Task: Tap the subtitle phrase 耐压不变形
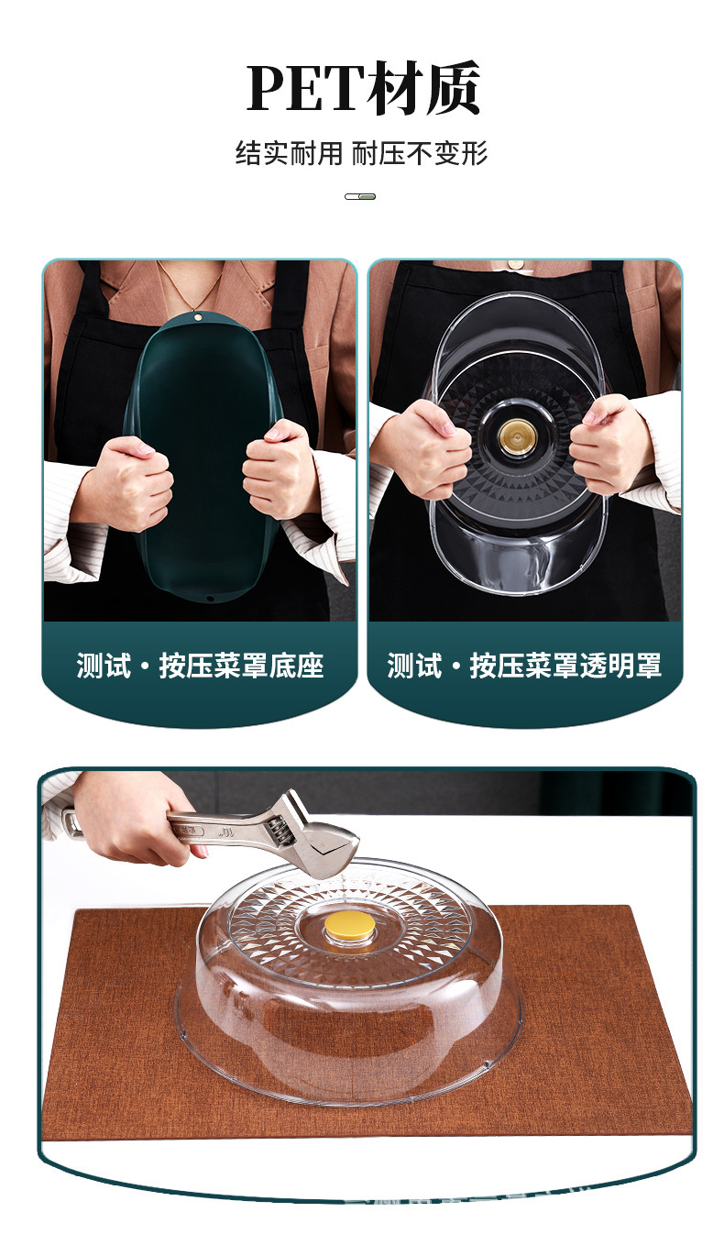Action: pyautogui.click(x=420, y=153)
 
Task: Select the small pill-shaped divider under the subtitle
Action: pyautogui.click(x=360, y=196)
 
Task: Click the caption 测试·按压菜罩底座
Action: pyautogui.click(x=200, y=666)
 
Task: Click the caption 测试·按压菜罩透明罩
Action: pyautogui.click(x=524, y=666)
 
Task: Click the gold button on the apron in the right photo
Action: pyautogui.click(x=515, y=264)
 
